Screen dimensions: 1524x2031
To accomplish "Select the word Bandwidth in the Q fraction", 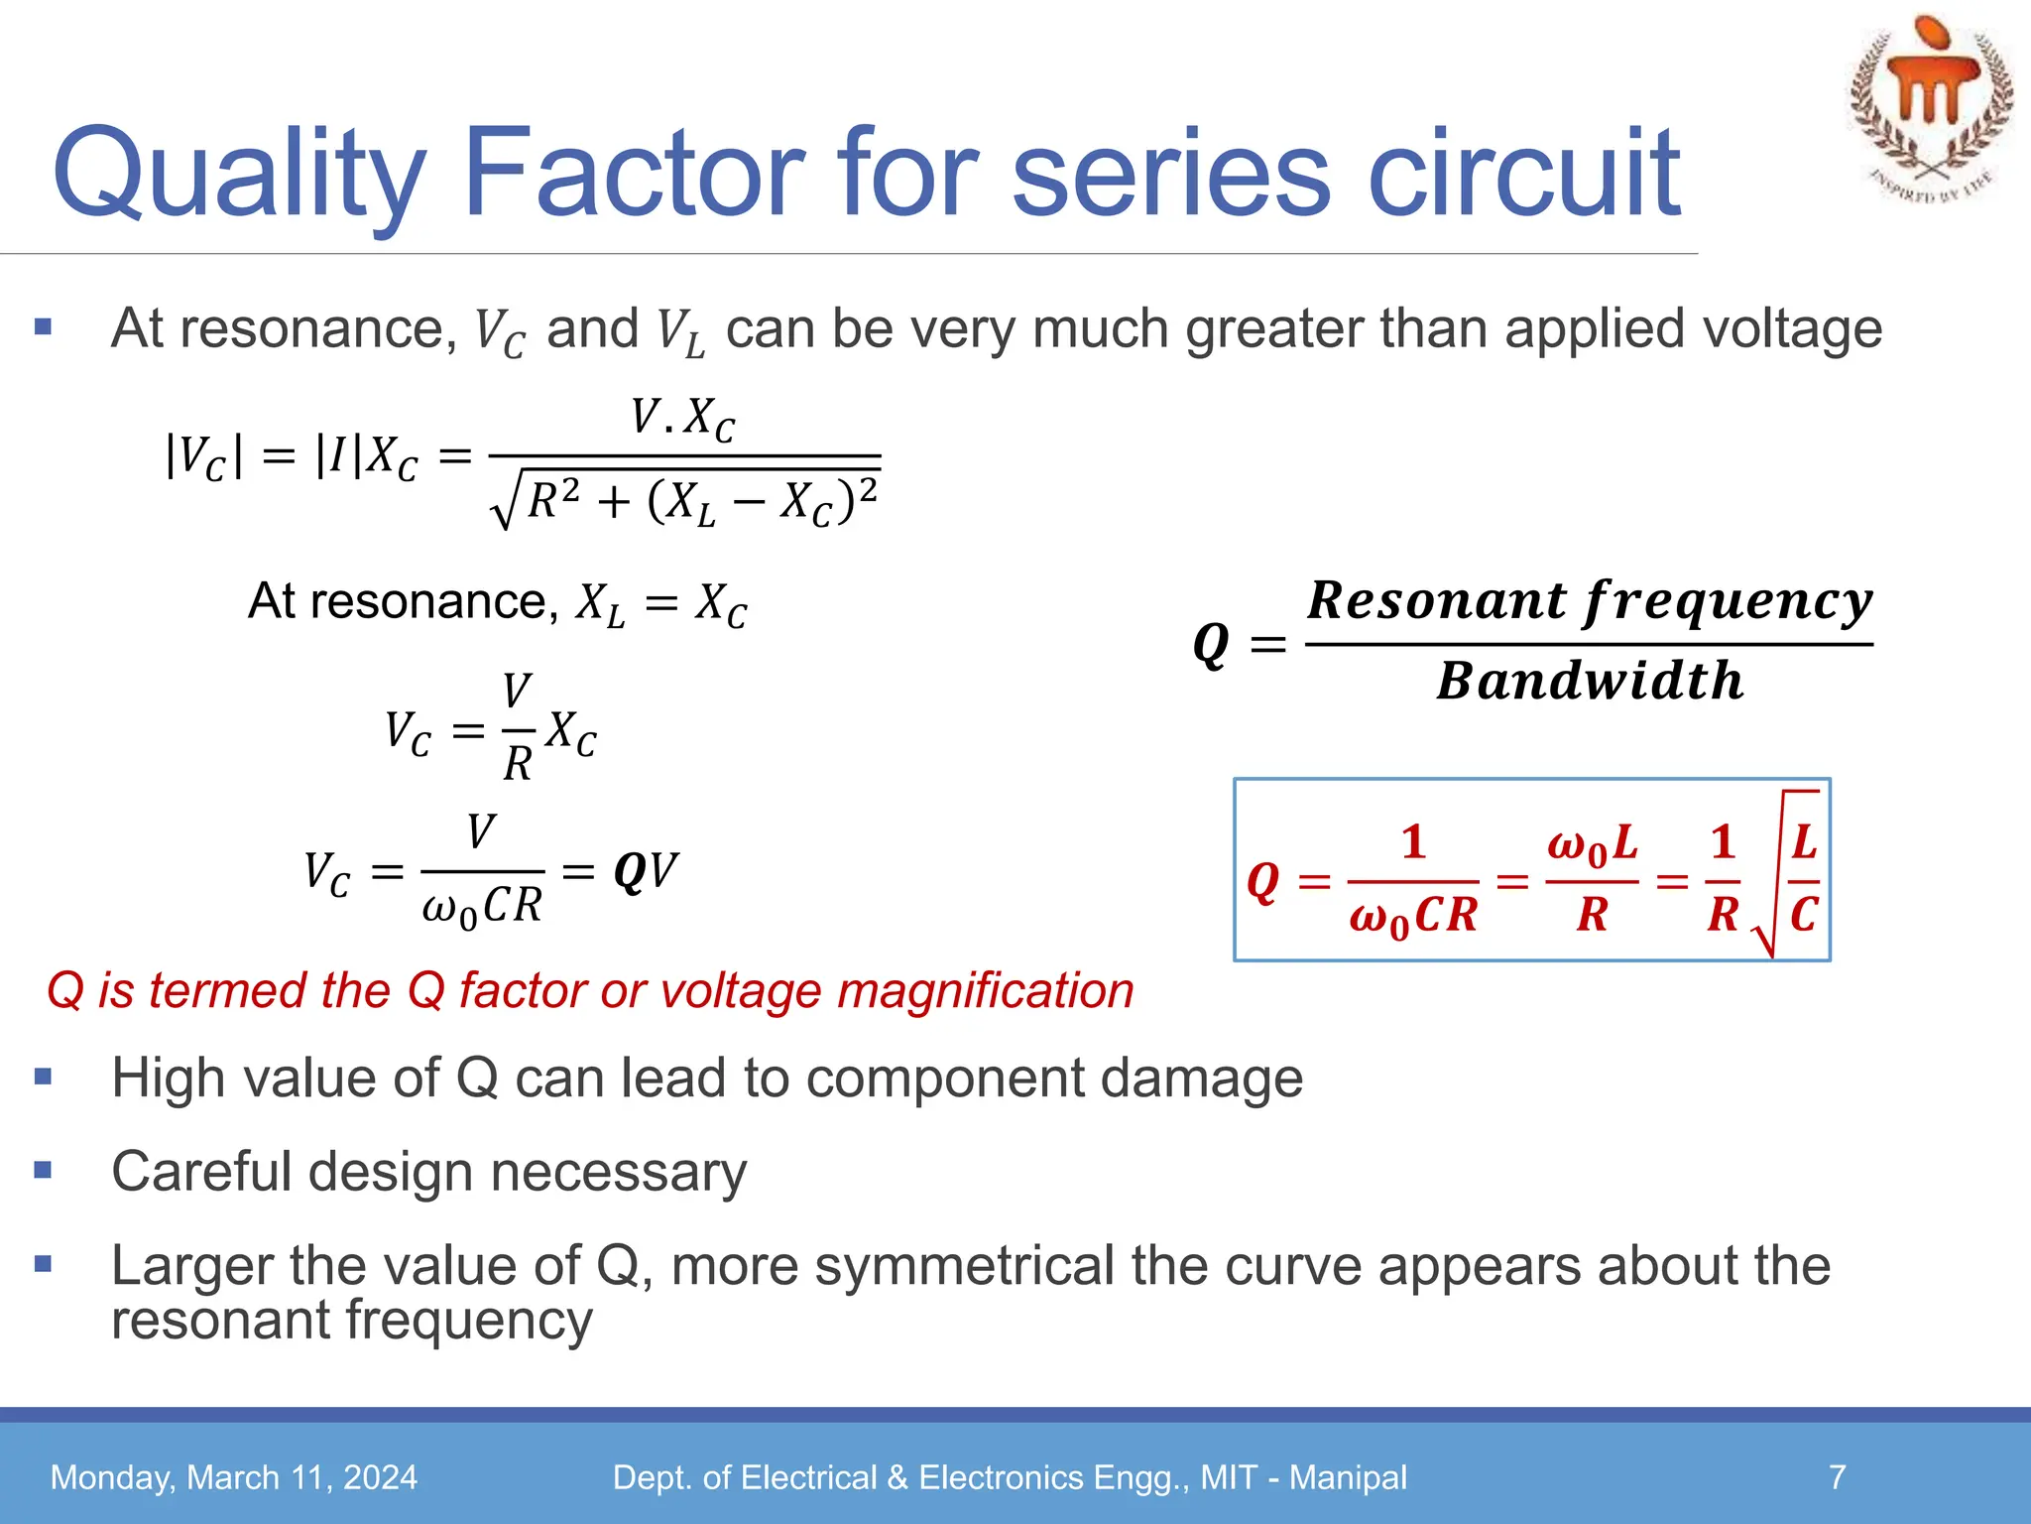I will [1590, 682].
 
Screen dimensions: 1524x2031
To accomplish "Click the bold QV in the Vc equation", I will [646, 872].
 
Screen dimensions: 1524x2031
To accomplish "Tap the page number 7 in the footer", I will [1837, 1477].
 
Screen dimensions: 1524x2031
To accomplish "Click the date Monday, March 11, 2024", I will [234, 1477].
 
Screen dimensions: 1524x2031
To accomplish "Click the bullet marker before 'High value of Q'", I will [43, 1077].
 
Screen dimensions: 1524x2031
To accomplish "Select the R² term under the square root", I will [553, 499].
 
